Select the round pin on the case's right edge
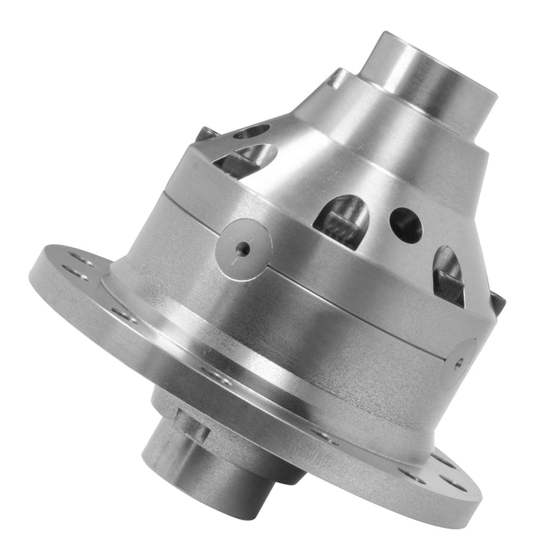(x=458, y=362)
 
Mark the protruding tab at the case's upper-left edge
(x=208, y=134)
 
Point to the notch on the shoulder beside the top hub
(x=337, y=77)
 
